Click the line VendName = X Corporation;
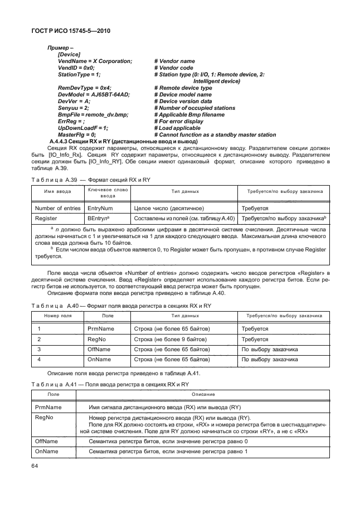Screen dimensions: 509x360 [95, 61]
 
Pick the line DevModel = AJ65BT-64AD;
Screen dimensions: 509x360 [94, 94]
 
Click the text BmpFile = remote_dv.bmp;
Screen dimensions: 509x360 [93, 114]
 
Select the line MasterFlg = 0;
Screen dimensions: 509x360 [77, 134]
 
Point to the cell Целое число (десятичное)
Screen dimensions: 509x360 [169, 208]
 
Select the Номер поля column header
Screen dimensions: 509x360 [55, 315]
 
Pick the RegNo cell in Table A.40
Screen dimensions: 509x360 [97, 339]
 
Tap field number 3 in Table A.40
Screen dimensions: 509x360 [39, 349]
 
